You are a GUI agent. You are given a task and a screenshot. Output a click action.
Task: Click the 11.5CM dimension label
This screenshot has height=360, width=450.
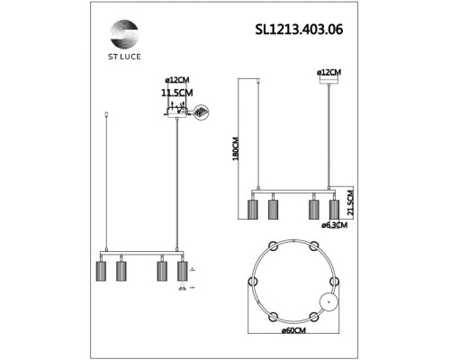[176, 92]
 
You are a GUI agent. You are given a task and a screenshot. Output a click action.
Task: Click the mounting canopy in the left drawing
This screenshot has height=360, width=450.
[176, 112]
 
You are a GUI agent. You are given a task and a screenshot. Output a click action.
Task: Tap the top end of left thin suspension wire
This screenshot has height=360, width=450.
[108, 114]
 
